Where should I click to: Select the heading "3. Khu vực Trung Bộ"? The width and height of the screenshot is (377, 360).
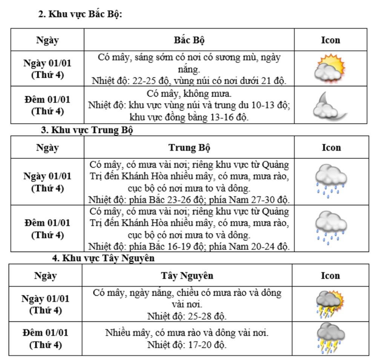click(x=87, y=130)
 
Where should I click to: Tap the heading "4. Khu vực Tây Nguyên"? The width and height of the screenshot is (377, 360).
click(x=103, y=258)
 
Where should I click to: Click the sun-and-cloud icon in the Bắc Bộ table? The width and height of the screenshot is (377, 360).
click(x=330, y=68)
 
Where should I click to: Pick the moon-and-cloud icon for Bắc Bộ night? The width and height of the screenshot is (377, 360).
click(x=330, y=106)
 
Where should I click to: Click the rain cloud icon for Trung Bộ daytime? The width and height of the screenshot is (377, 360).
click(x=330, y=181)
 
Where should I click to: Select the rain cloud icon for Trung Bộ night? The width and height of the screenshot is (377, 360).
click(x=330, y=228)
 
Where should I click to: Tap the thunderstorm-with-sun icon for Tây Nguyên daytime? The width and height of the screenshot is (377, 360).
click(x=330, y=303)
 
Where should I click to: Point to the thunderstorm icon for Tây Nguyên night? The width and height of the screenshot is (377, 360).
click(x=330, y=338)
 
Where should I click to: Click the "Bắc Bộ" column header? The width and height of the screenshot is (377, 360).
click(x=189, y=40)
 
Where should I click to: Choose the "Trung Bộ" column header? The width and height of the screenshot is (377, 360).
click(x=189, y=148)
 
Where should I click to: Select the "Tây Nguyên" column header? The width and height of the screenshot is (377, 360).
click(x=187, y=275)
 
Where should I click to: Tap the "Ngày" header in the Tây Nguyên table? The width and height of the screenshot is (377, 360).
click(x=46, y=275)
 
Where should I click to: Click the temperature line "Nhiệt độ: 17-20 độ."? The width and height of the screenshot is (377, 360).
click(x=187, y=345)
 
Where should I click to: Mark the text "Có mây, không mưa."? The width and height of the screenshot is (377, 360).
click(x=189, y=93)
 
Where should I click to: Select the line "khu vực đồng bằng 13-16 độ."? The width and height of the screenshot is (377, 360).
click(x=189, y=117)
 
